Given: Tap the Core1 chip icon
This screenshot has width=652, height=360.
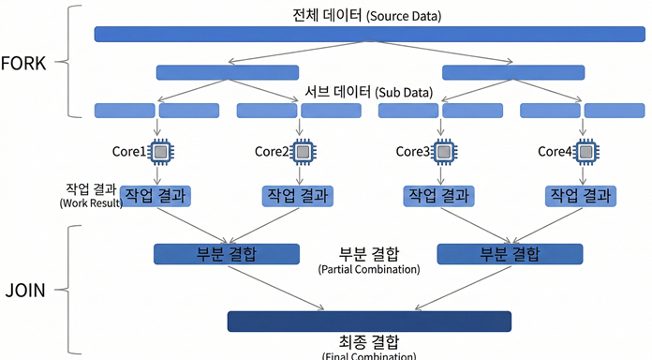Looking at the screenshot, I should (x=160, y=150).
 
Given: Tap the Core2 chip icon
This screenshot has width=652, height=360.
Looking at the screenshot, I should (x=302, y=150).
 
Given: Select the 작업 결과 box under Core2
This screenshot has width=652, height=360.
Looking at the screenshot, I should (x=298, y=195).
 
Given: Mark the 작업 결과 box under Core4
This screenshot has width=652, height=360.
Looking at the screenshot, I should (x=582, y=195).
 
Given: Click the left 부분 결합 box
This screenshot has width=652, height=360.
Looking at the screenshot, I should (x=226, y=253).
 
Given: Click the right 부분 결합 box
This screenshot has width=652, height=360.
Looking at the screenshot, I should (x=510, y=253).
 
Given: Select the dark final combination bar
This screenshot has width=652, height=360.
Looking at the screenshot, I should (x=369, y=321).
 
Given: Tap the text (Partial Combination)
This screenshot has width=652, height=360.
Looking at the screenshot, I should (x=368, y=270).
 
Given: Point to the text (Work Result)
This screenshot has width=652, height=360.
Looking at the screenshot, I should (x=91, y=202).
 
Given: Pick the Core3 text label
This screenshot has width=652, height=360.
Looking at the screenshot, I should (x=412, y=151).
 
